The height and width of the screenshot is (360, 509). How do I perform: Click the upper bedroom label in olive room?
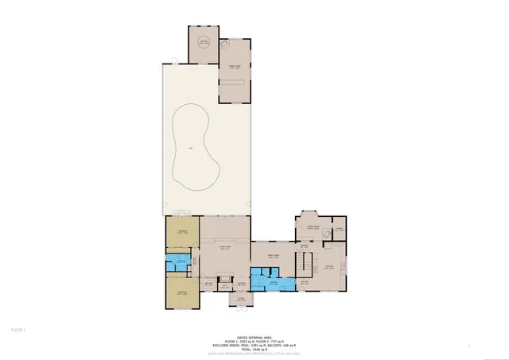click(182, 232)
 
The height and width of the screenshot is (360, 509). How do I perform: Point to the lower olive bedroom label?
click(182, 292)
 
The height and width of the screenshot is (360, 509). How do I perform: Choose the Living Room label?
click(225, 248)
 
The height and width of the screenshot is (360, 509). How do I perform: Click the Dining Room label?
click(313, 227)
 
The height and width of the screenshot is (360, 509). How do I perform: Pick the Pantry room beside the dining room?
click(339, 228)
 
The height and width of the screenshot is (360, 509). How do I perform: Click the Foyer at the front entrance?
click(239, 300)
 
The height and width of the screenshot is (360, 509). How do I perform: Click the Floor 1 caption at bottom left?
click(17, 328)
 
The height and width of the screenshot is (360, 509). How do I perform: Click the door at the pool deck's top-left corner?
click(169, 62)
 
